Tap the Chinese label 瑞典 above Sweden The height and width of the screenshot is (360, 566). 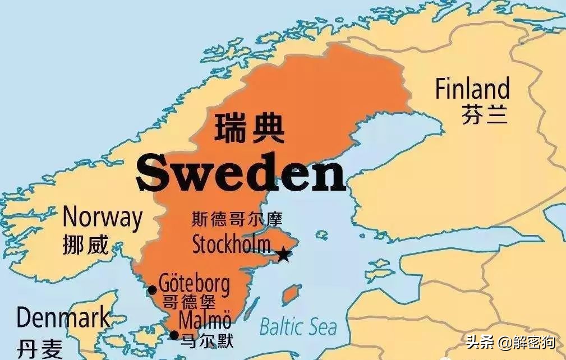pos(249,128)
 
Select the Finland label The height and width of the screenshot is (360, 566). pos(472,90)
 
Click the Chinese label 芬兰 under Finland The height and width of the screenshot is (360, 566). pos(485,114)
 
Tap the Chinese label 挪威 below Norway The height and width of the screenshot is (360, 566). pos(86,244)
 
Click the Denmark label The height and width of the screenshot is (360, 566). pos(63,319)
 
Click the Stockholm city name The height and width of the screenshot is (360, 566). pos(231,244)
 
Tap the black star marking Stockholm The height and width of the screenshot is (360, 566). pos(284,255)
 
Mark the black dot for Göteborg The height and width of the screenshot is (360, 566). pos(152,290)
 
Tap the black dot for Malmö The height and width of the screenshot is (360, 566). pos(174,335)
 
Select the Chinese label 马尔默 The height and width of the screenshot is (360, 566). pos(205,340)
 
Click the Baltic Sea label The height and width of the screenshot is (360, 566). pos(298,326)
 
